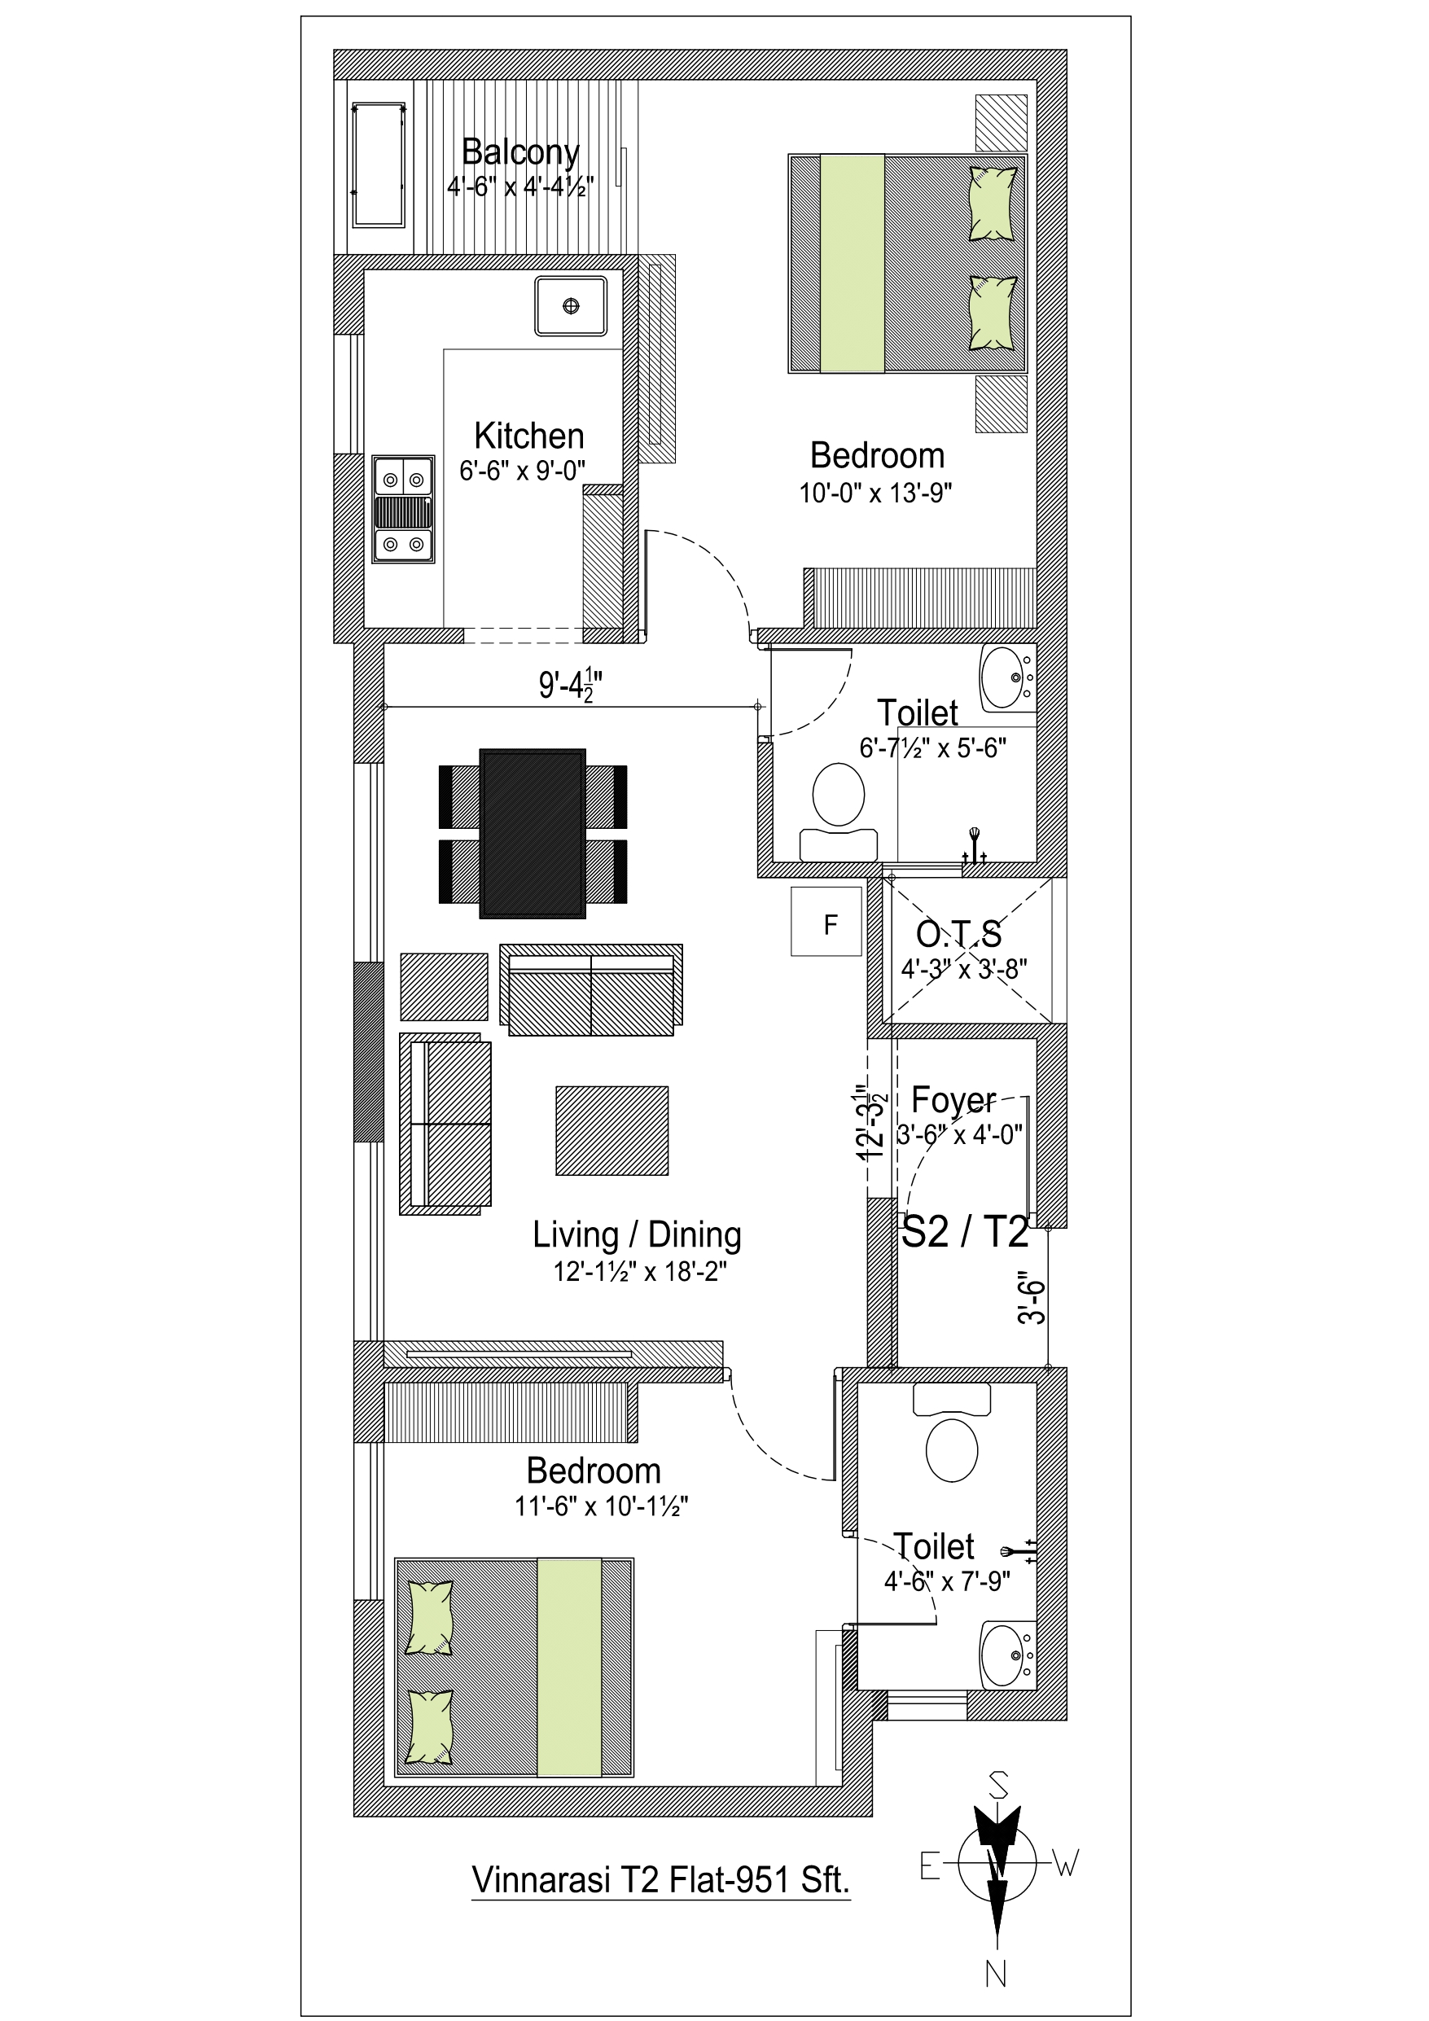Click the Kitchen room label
pos(529,436)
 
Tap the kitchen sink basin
pos(571,305)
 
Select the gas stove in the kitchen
pos(403,509)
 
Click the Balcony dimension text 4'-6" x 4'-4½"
pos(520,186)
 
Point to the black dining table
pos(533,834)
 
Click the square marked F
pos(826,922)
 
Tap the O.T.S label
pos(959,933)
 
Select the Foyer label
pos(953,1099)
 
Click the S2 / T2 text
pos(966,1231)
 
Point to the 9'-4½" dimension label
pos(571,684)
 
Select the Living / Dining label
pos(637,1235)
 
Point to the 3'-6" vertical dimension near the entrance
pos(1032,1297)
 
